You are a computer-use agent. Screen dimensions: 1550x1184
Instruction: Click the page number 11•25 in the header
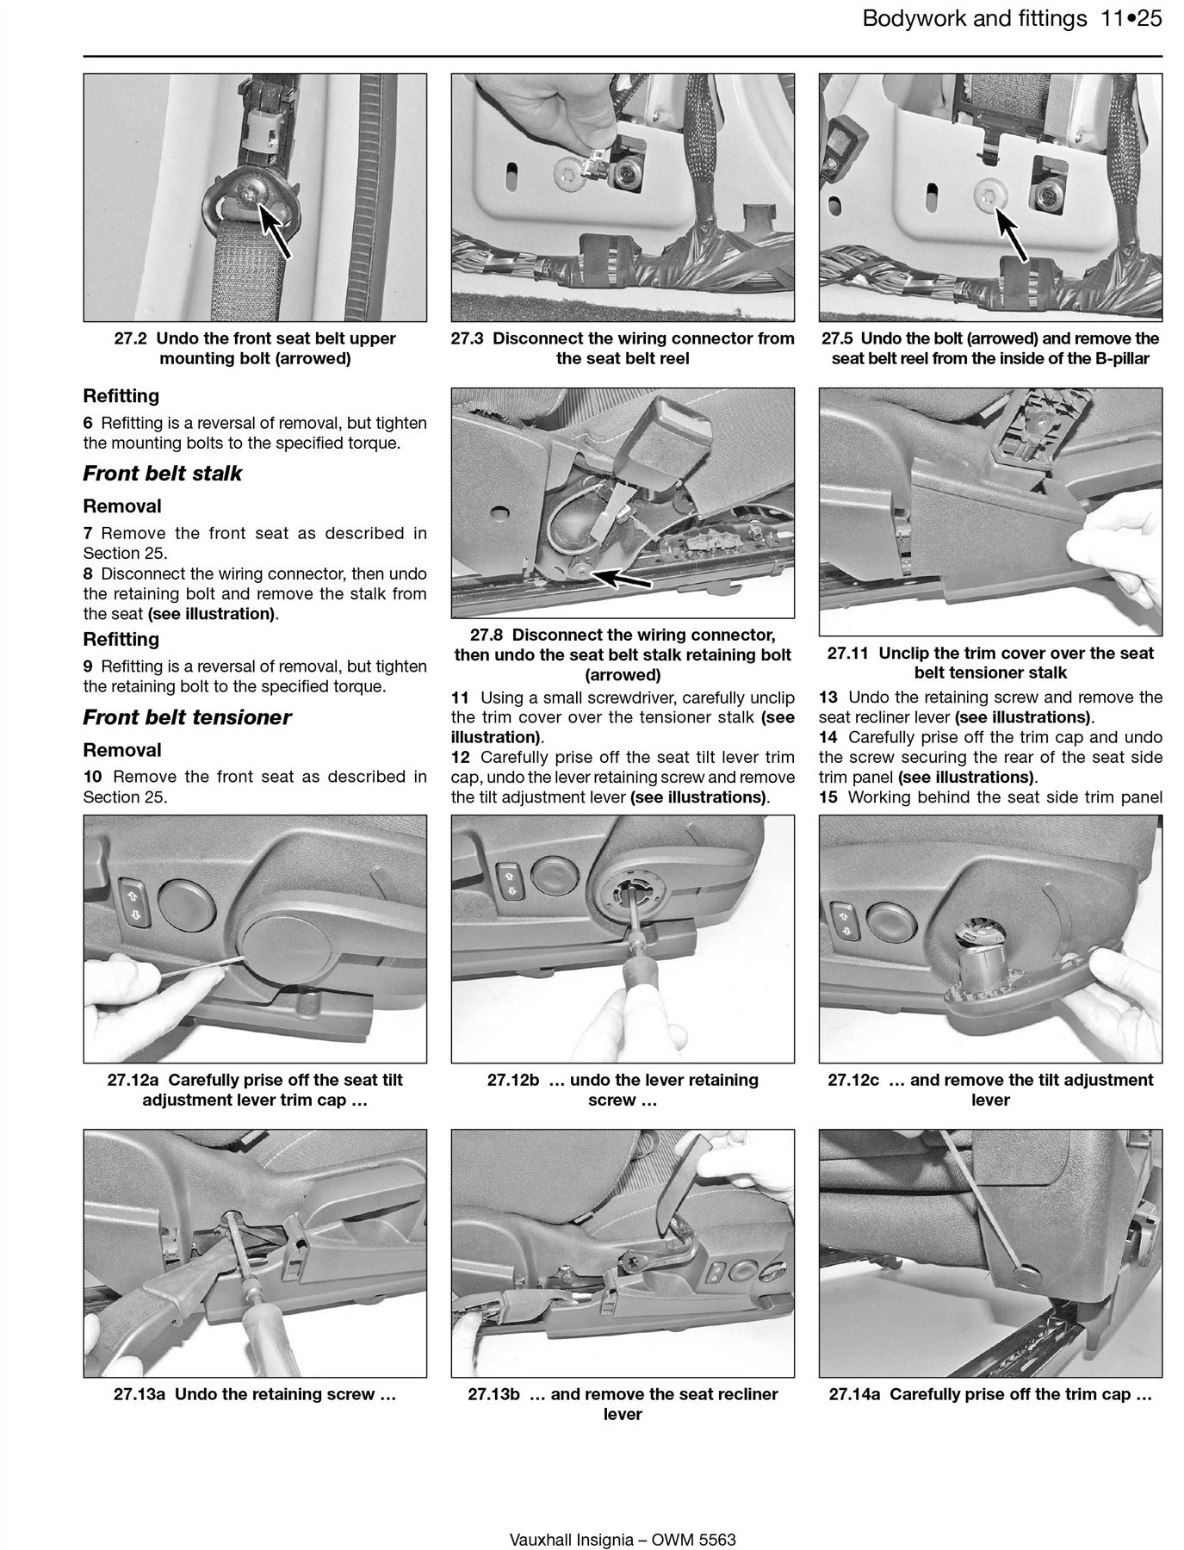(1131, 19)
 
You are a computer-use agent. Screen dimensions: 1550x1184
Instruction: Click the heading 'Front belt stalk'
(162, 474)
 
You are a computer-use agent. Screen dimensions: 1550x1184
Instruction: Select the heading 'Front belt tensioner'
(187, 717)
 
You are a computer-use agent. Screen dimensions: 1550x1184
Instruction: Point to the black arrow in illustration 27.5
(1010, 228)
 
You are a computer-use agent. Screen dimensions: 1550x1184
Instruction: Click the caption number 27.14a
(855, 1394)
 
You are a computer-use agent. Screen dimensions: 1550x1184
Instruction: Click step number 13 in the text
(828, 697)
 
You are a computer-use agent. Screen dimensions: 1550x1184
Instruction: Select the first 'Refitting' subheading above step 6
(121, 396)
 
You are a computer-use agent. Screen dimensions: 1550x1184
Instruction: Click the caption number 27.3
(468, 338)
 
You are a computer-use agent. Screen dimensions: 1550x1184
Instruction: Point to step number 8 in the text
(87, 573)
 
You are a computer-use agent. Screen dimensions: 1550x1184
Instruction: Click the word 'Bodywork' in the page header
(913, 19)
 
